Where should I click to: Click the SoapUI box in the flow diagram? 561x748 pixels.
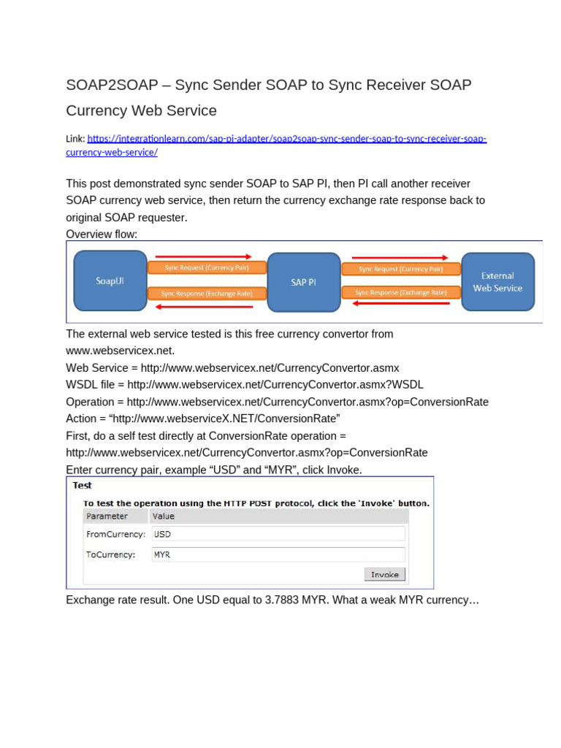[110, 280]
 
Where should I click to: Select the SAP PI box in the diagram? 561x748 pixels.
[304, 282]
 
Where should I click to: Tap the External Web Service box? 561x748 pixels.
[497, 282]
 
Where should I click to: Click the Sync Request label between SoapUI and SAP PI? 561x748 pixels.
[207, 268]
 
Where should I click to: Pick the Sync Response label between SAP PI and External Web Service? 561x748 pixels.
[400, 292]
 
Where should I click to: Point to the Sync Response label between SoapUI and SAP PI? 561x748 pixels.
[207, 294]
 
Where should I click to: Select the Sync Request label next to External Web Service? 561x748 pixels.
[400, 269]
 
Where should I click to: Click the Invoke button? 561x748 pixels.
[384, 574]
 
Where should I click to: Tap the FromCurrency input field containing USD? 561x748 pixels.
[278, 534]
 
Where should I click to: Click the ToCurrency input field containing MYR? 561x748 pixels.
[278, 554]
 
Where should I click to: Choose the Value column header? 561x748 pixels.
[164, 516]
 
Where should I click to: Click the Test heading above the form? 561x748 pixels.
[82, 485]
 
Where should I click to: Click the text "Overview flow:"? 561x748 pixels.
[102, 234]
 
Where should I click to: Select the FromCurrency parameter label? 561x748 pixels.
[115, 534]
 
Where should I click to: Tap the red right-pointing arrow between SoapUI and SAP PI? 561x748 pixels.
[207, 256]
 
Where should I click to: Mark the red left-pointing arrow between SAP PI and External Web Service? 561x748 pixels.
[400, 304]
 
